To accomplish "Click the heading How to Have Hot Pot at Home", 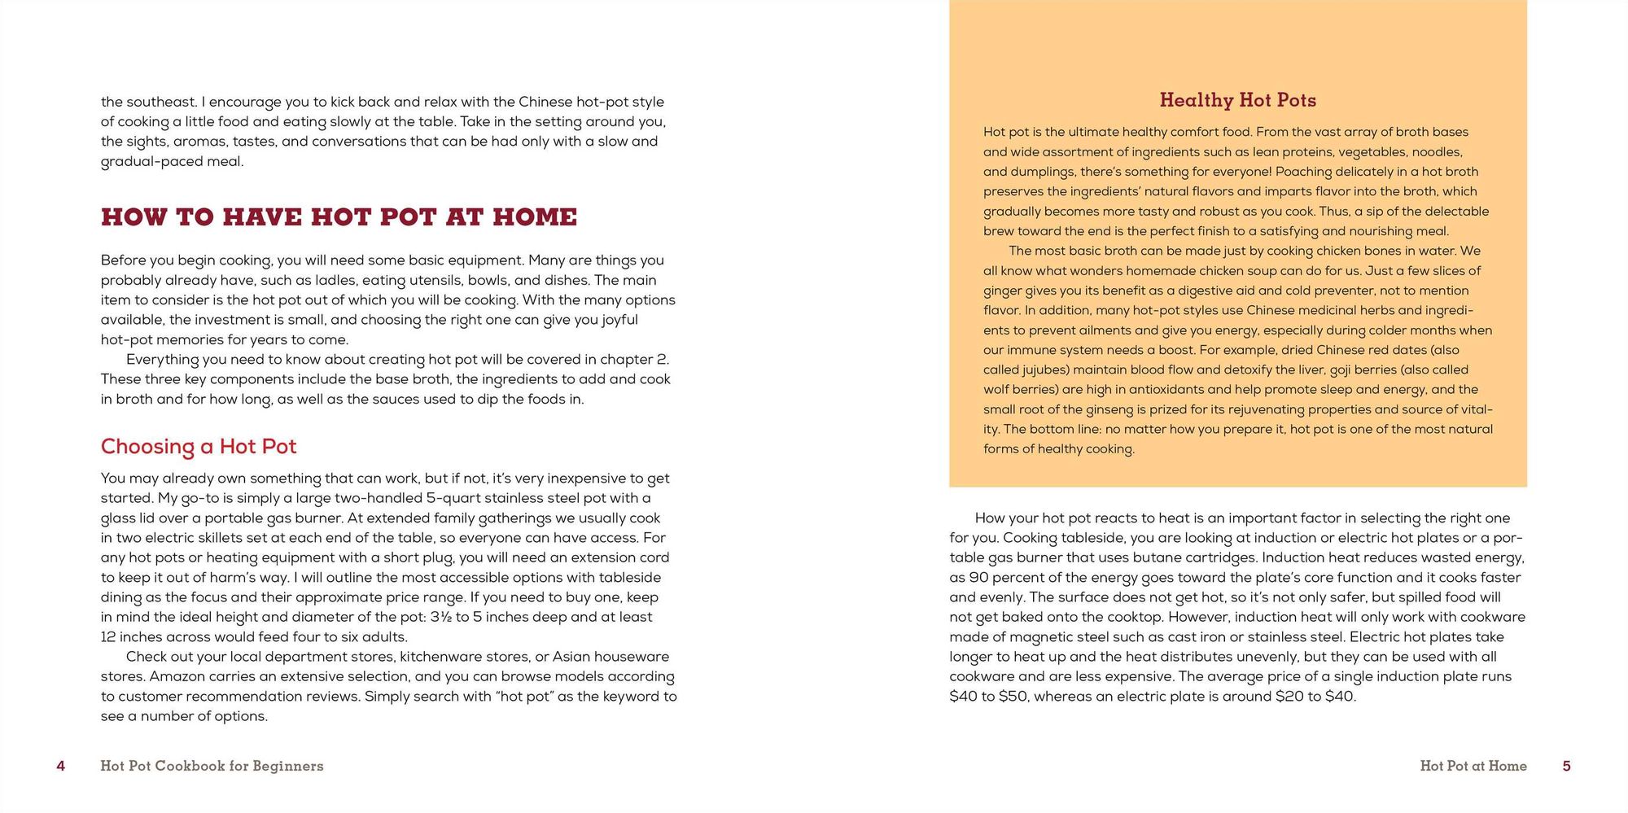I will (339, 217).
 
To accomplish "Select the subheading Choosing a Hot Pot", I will (199, 447).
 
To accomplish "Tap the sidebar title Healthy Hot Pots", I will (1237, 100).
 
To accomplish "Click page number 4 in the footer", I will (60, 766).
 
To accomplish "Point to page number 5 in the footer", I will (1566, 766).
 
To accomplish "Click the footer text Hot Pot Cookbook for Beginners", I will (212, 766).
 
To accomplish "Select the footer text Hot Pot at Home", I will (1473, 766).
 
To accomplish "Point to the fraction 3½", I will (440, 617).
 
